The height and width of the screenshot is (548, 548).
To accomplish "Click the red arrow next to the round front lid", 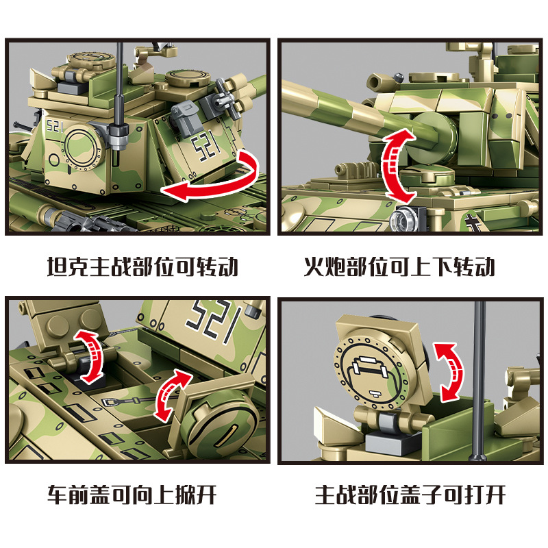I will click(x=172, y=395).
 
